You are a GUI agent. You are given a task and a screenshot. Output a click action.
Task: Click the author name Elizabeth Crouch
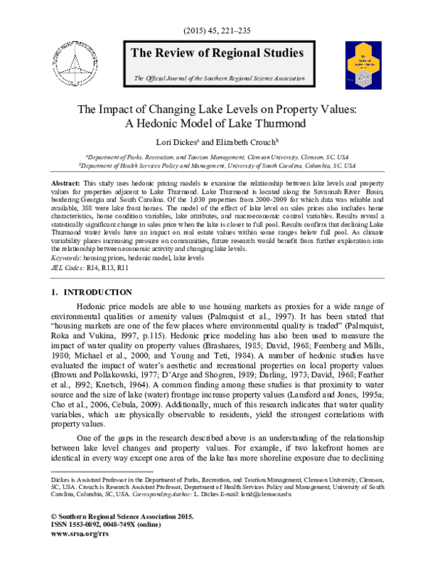click(247, 143)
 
